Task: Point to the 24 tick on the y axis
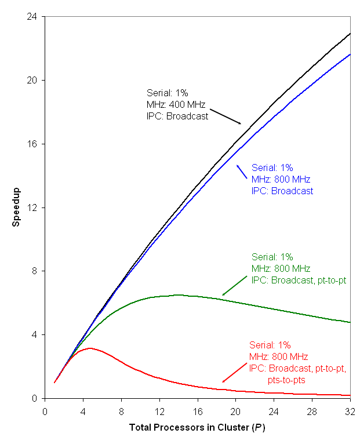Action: [33, 17]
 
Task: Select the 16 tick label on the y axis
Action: [33, 144]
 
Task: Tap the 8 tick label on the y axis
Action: [35, 271]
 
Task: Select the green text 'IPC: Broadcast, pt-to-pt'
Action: [299, 280]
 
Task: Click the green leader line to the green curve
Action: [235, 284]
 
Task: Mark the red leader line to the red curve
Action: [235, 372]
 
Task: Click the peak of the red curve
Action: [90, 348]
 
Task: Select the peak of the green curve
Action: [177, 295]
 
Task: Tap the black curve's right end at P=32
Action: [350, 34]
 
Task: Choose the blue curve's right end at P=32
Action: [350, 54]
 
